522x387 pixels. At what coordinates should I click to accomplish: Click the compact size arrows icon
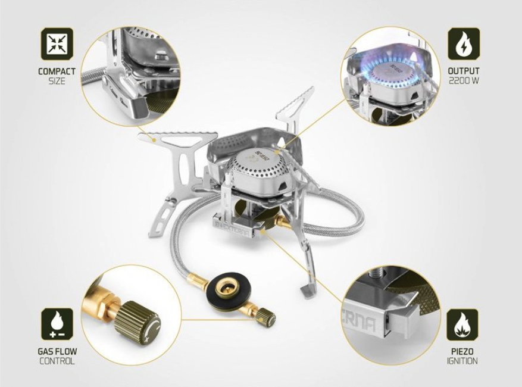pyautogui.click(x=57, y=44)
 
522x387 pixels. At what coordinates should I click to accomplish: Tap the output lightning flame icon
pyautogui.click(x=464, y=44)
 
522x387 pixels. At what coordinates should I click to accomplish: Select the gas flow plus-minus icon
pyautogui.click(x=57, y=324)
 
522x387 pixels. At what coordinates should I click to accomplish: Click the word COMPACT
pyautogui.click(x=57, y=71)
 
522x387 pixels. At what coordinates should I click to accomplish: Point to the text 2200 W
pyautogui.click(x=464, y=80)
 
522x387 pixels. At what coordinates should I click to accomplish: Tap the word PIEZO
pyautogui.click(x=462, y=351)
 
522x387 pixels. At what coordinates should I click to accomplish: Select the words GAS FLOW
pyautogui.click(x=57, y=351)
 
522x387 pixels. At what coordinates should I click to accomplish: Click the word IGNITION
pyautogui.click(x=462, y=361)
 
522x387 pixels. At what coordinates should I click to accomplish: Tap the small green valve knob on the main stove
pyautogui.click(x=267, y=318)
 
